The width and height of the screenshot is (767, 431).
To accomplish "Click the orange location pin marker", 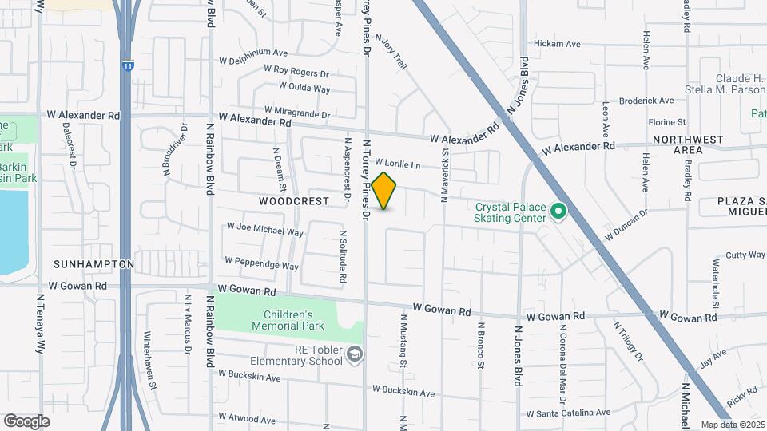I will [384, 191].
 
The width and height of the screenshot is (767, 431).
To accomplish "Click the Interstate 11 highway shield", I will [127, 67].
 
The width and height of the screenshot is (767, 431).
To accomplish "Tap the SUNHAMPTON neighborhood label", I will [93, 263].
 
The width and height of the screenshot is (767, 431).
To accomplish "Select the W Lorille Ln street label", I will [397, 163].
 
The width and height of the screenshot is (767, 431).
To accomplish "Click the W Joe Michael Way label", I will [265, 230].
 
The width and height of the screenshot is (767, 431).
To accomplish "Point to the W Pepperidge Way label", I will [261, 263].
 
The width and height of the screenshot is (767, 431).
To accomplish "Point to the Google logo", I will [26, 421].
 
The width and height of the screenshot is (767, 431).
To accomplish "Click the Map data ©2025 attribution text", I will [733, 425].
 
